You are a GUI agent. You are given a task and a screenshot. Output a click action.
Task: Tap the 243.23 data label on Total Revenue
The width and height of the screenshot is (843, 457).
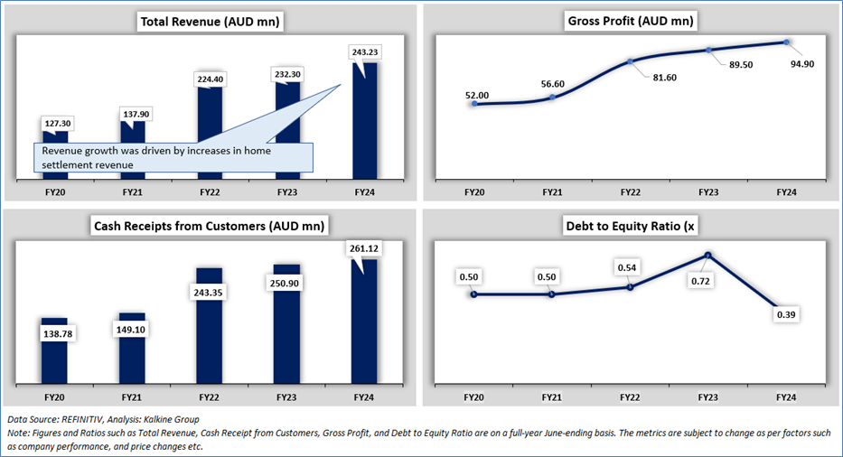[x=365, y=52]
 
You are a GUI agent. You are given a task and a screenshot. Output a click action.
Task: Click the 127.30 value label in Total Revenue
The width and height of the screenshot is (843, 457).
[x=54, y=126]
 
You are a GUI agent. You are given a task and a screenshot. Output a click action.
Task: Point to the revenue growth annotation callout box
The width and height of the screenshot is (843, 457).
[x=173, y=157]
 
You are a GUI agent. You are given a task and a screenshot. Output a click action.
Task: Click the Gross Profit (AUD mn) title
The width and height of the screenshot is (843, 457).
[x=631, y=20]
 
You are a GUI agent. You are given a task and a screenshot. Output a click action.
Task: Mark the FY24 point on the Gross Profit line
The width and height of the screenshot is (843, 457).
[x=787, y=42]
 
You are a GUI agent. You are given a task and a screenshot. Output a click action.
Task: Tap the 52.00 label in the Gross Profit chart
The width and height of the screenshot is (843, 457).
[x=476, y=95]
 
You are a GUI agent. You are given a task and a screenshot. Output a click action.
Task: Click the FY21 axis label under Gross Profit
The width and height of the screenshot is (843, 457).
[x=553, y=192]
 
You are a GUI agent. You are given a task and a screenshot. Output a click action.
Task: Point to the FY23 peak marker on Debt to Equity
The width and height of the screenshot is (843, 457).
[x=709, y=255]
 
